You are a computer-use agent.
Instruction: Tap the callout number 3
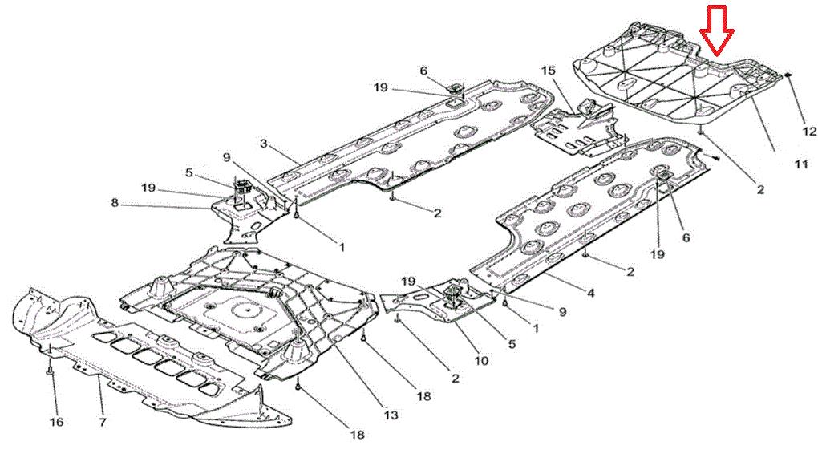(x=264, y=143)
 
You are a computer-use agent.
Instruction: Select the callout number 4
(x=590, y=294)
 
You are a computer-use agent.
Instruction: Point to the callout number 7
(x=103, y=421)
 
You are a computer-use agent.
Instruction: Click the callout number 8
(x=115, y=202)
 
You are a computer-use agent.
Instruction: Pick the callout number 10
(x=481, y=360)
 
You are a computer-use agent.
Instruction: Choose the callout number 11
(x=801, y=164)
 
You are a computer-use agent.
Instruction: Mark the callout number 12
(x=808, y=131)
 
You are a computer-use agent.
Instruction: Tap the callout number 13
(x=391, y=415)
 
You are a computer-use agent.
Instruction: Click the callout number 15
(x=549, y=70)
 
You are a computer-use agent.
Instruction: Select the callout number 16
(x=56, y=421)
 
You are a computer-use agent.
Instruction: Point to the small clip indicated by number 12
(x=788, y=75)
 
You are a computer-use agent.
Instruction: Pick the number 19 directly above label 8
(x=148, y=187)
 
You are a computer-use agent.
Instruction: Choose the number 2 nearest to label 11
(x=760, y=189)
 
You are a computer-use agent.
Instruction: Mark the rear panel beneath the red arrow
(x=678, y=79)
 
